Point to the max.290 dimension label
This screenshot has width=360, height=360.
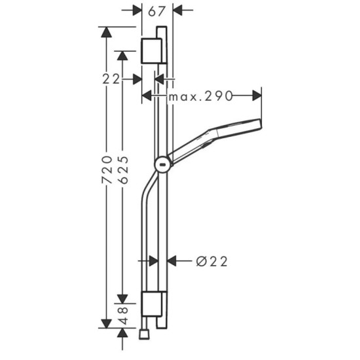point(201,96)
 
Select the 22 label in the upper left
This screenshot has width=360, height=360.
point(113,79)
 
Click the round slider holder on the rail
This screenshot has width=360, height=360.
point(162,164)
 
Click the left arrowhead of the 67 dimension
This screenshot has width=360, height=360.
point(137,10)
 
